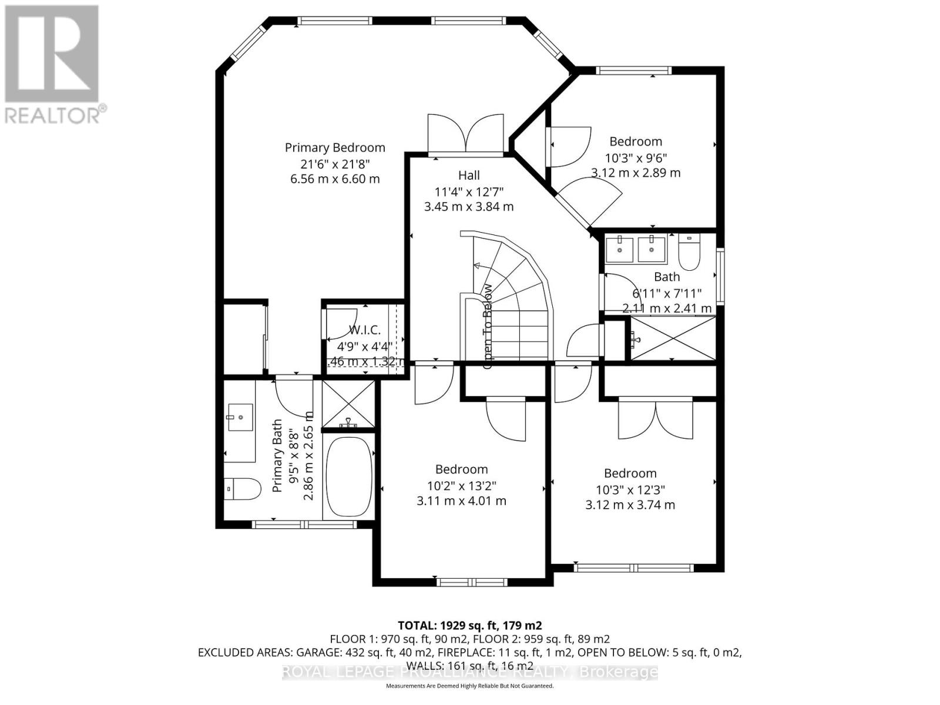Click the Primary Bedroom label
tap(335, 147)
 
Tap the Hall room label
tap(469, 175)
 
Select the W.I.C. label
tap(364, 330)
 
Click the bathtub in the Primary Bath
tap(349, 477)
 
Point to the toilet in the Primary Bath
tap(243, 488)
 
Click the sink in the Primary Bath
tap(240, 418)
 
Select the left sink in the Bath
tap(619, 249)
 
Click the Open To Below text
tap(488, 327)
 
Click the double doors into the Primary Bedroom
tap(466, 135)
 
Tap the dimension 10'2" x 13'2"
tap(461, 485)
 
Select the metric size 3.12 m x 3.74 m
tap(630, 505)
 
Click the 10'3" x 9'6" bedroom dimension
tap(636, 157)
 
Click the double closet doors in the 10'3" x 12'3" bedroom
tap(656, 418)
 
